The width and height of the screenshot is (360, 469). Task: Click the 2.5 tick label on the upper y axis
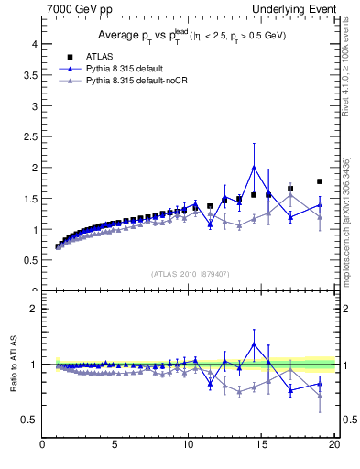30,136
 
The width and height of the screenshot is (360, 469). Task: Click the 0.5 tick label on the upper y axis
30,260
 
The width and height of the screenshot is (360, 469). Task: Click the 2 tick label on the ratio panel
35,309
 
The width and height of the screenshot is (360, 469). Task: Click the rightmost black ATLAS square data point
320,181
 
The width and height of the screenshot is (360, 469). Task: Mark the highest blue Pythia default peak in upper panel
254,168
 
